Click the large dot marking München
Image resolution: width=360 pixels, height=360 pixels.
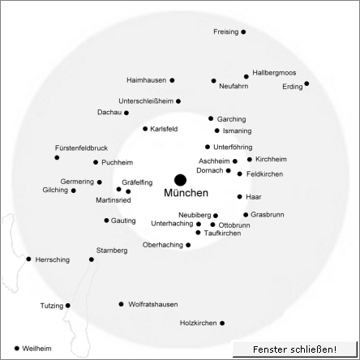180,180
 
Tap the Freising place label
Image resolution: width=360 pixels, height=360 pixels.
226,32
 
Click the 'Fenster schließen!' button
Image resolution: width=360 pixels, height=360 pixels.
295,349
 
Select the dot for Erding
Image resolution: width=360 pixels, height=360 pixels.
306,84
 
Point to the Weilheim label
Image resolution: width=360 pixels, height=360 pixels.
36,349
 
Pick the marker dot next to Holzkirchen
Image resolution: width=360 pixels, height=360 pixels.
222,323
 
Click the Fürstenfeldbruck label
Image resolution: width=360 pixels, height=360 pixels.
81,148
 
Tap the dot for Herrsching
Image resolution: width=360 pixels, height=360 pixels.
28,259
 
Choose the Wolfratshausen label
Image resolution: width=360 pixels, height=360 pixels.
153,304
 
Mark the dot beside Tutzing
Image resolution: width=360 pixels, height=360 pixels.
68,306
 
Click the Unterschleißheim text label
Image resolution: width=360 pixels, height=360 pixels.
146,101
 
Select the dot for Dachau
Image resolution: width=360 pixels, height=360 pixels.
126,113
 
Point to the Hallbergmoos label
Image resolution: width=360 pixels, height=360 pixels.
274,73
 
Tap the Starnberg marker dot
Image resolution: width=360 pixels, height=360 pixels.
92,259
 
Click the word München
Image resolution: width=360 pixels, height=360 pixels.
186,193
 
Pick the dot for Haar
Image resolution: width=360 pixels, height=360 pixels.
240,197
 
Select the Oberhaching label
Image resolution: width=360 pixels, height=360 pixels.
163,245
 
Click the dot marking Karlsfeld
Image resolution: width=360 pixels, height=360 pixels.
145,129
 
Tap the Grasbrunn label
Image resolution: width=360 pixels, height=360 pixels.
268,215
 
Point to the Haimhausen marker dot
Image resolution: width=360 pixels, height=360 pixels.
172,80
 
